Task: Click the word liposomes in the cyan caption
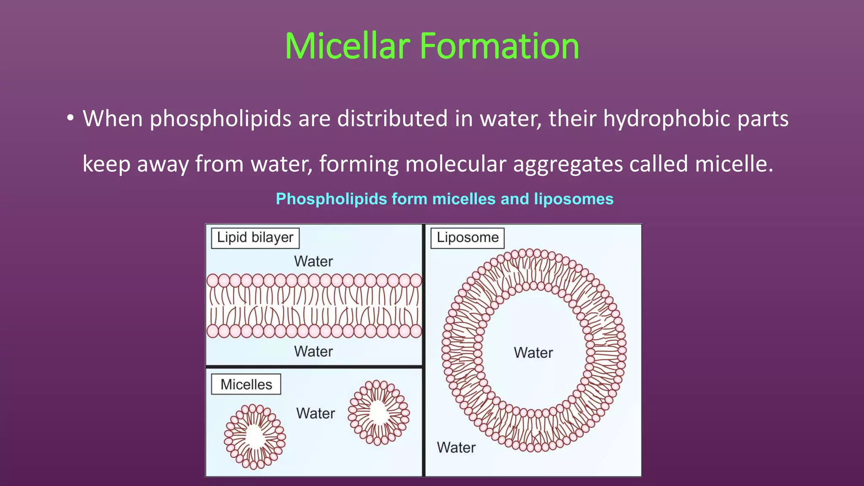(574, 199)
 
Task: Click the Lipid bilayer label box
(255, 238)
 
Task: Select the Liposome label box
(467, 238)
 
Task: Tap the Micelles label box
(246, 384)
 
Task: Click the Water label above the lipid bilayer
(313, 262)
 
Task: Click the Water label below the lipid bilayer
(313, 351)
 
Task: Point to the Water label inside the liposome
(533, 353)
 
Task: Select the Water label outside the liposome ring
(456, 448)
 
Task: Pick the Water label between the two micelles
(316, 413)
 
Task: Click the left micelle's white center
(255, 437)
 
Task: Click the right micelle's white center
(379, 412)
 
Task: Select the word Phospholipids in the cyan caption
(331, 199)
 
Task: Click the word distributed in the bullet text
(392, 119)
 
